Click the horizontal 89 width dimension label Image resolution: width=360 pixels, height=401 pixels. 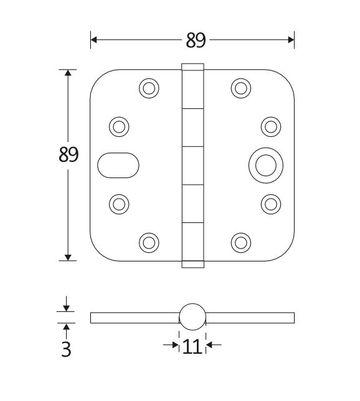click(x=196, y=40)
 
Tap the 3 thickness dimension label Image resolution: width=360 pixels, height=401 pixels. click(x=66, y=349)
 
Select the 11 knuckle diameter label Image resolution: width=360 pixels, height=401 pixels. click(x=192, y=346)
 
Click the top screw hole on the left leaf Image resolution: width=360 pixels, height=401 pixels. click(x=148, y=88)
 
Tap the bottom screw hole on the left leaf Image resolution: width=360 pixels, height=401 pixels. click(x=148, y=242)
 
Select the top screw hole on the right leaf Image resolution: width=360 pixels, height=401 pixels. click(x=240, y=88)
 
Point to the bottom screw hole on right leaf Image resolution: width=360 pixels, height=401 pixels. click(x=240, y=242)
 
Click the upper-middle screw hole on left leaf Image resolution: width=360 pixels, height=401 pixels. click(x=118, y=126)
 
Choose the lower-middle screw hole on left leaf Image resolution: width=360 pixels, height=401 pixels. click(x=118, y=203)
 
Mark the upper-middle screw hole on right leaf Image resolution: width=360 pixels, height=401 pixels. click(x=270, y=126)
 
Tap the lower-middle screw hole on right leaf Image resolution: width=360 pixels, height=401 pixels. click(x=270, y=203)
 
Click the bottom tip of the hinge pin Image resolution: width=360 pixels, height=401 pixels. click(x=192, y=264)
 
